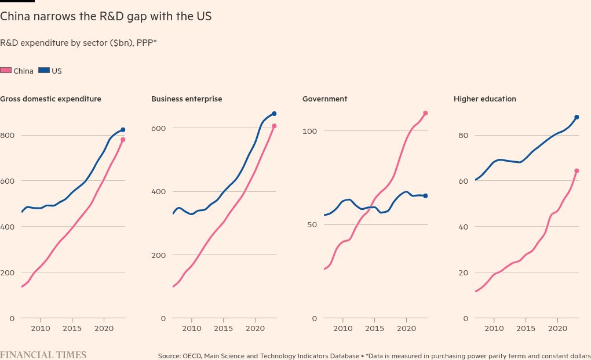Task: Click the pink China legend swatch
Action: [6, 71]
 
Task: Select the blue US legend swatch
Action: [44, 71]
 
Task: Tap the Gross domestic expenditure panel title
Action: [50, 99]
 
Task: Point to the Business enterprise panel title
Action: [187, 99]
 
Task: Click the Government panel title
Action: [324, 99]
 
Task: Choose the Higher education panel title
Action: [485, 99]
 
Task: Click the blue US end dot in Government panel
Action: [425, 196]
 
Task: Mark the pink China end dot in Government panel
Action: [425, 113]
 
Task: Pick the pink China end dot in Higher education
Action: [577, 171]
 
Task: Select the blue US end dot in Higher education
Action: [577, 117]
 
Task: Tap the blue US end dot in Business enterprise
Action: [274, 114]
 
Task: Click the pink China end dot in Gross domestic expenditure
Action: [123, 140]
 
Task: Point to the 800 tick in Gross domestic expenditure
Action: [7, 136]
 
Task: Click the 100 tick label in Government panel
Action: [310, 132]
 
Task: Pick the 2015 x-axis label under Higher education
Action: [526, 329]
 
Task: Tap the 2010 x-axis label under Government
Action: [342, 329]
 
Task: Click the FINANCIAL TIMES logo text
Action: [43, 355]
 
